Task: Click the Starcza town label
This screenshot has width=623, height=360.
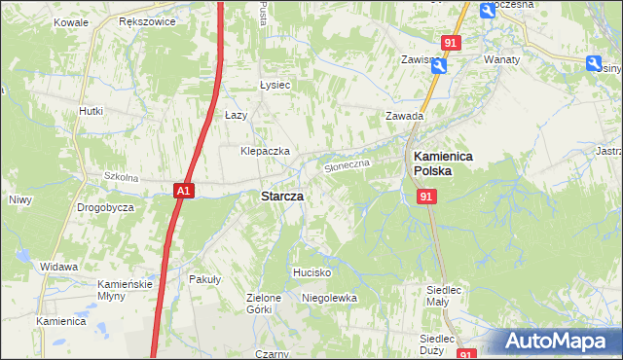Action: click(281, 196)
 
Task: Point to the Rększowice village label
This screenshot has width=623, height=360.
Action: click(145, 20)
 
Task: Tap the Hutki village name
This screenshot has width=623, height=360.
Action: click(91, 111)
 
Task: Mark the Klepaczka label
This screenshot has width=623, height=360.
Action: click(266, 152)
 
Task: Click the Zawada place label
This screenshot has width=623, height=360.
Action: click(403, 116)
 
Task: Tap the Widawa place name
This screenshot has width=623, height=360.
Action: click(58, 267)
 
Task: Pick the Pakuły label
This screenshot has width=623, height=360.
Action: click(205, 278)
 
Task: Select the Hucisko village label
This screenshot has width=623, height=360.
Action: click(313, 272)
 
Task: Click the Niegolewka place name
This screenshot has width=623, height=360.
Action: click(329, 298)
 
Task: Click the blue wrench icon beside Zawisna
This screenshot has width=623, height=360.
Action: click(438, 66)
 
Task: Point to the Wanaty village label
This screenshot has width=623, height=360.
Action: click(501, 58)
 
